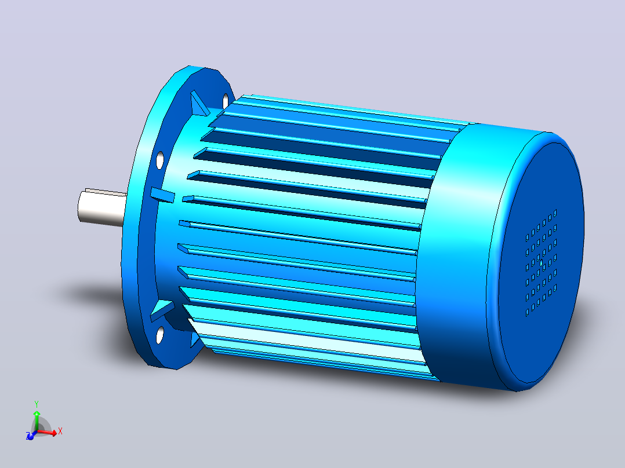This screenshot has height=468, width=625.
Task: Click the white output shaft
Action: pos(101,208)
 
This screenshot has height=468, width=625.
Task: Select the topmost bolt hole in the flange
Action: pos(226,101)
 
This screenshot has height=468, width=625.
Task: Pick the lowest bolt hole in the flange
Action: pos(160,335)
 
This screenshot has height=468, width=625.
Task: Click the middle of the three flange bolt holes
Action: pos(160,160)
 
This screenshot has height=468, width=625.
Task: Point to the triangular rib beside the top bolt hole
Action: pos(199,103)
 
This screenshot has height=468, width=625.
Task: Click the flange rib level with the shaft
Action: pos(162,195)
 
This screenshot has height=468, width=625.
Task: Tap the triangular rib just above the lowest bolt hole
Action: pos(162,310)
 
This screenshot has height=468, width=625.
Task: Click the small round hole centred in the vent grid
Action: pos(541,263)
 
